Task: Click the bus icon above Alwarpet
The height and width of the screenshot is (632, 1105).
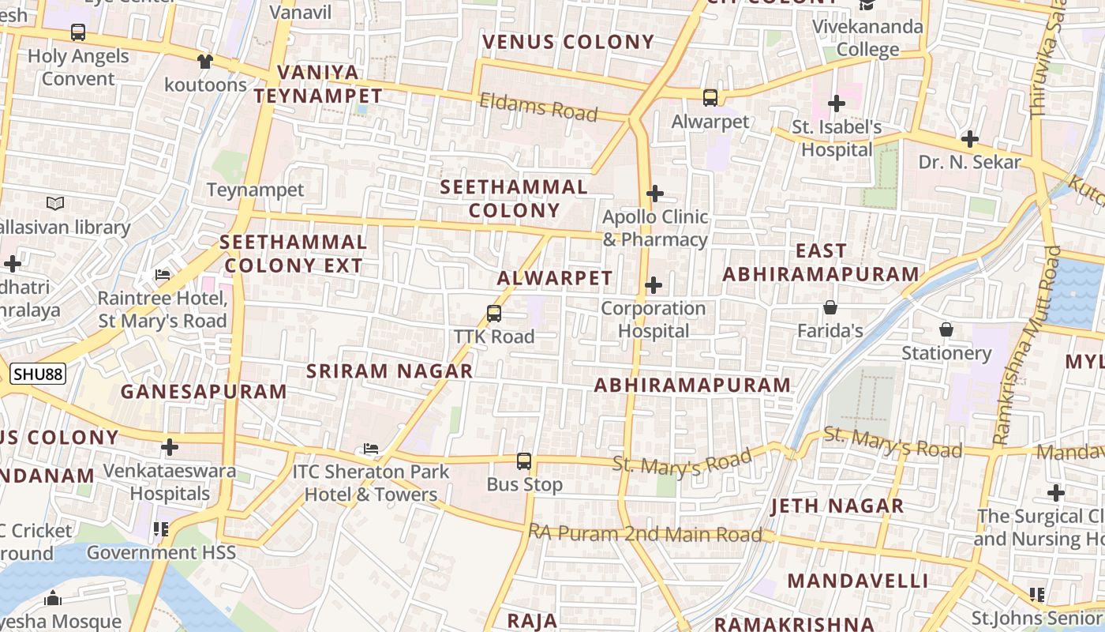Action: (x=710, y=98)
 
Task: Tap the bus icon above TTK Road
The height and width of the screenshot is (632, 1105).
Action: (x=494, y=314)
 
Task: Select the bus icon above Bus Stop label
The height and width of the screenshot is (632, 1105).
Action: (x=524, y=461)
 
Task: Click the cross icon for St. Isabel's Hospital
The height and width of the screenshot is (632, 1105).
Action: (x=837, y=103)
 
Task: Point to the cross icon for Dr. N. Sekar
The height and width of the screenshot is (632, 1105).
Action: (x=970, y=140)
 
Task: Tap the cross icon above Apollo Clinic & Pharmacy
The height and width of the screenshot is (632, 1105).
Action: (x=654, y=194)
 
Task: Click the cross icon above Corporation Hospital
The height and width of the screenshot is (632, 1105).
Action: (x=654, y=285)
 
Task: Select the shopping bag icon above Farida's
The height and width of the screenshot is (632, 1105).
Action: (x=830, y=307)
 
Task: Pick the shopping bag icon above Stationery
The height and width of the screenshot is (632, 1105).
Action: (x=946, y=329)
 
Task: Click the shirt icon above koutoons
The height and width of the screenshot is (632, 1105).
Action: (x=205, y=61)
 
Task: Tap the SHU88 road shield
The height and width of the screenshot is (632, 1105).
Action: (x=38, y=374)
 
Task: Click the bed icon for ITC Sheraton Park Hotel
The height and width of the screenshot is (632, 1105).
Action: (x=371, y=449)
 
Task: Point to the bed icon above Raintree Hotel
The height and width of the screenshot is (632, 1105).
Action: (x=163, y=275)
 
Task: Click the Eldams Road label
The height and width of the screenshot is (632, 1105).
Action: (x=538, y=107)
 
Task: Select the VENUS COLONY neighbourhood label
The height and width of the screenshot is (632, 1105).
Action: (x=568, y=42)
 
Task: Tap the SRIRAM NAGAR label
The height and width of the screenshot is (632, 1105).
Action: (x=390, y=371)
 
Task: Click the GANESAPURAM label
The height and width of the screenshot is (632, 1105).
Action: (x=204, y=392)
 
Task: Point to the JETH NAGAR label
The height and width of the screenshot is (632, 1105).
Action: (x=837, y=506)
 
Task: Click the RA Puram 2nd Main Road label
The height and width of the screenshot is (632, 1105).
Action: (x=646, y=534)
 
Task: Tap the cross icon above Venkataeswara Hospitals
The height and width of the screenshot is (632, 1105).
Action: (x=170, y=448)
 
